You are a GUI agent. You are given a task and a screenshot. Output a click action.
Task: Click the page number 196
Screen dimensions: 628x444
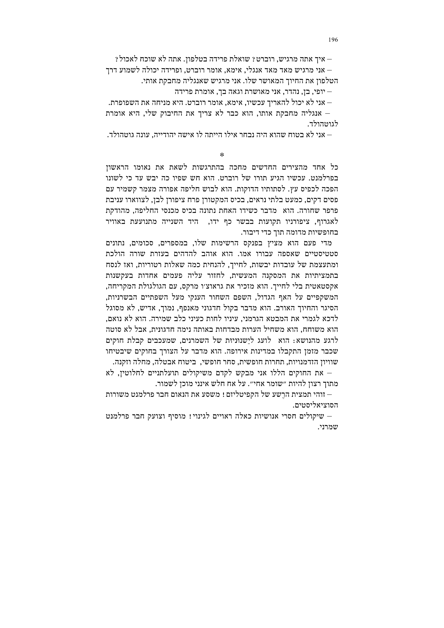[333, 40]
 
